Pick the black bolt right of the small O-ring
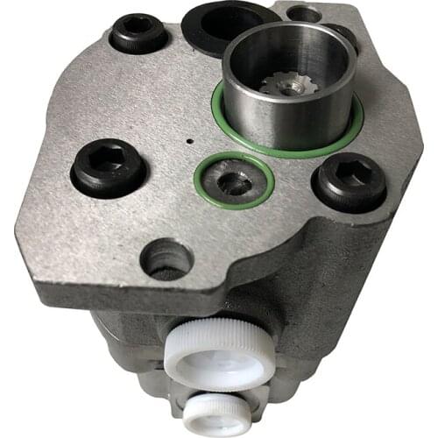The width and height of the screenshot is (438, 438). pos(349,181)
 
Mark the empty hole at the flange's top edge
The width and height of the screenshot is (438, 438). pos(304,13)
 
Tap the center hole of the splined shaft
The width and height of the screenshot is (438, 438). pos(288,86)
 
